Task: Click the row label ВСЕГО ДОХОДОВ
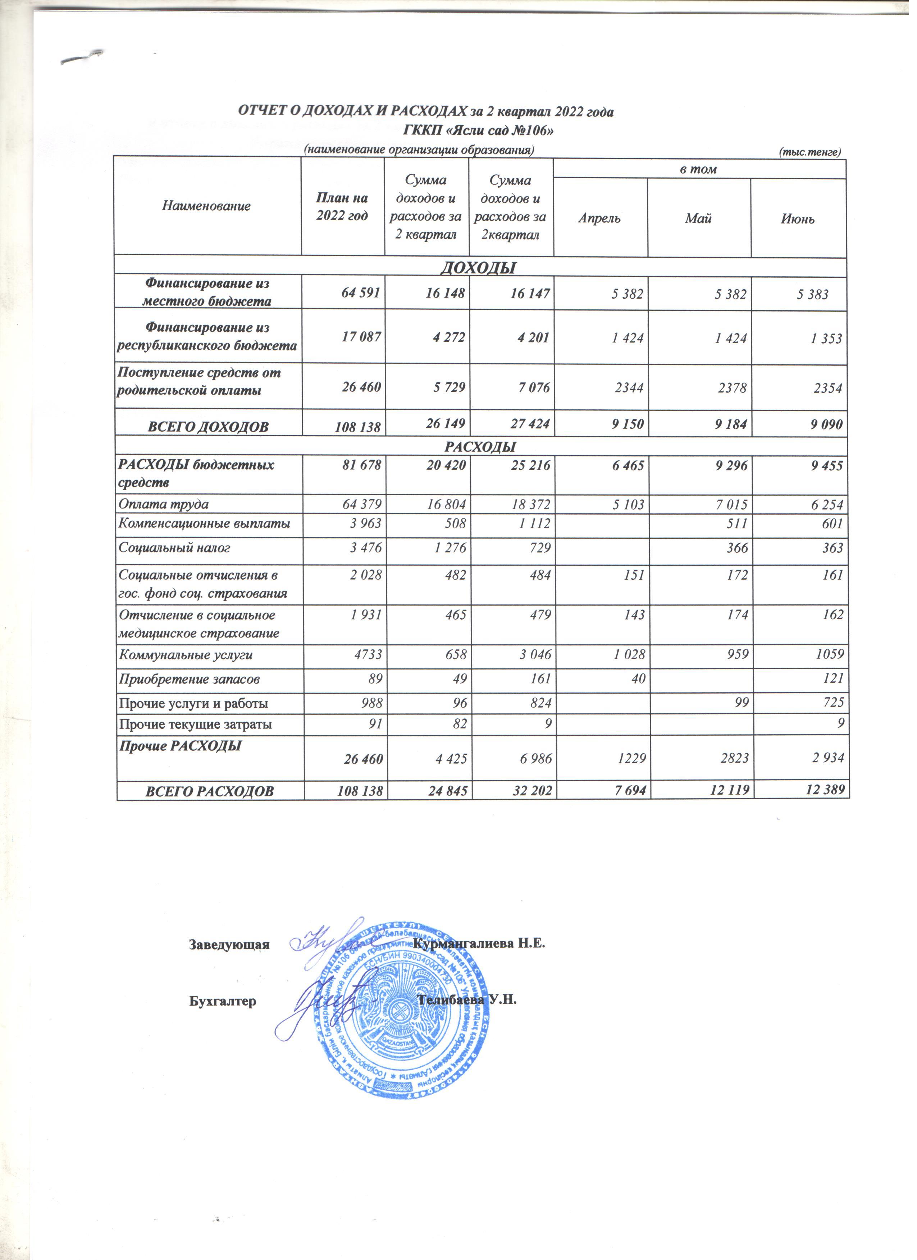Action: tap(207, 427)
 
